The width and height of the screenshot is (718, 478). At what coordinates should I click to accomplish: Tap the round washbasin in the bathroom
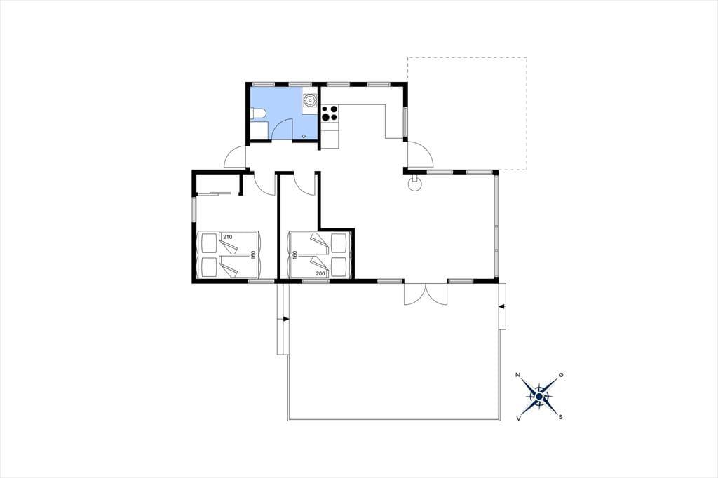[310, 100]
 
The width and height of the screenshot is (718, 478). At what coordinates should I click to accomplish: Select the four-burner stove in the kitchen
[330, 114]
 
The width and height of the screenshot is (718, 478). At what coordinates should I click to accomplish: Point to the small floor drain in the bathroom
[304, 136]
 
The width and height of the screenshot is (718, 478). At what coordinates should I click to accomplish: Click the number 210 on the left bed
[228, 237]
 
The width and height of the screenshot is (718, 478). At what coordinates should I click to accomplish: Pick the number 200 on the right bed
[320, 274]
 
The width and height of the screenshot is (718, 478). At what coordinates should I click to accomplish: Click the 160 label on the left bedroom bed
[252, 255]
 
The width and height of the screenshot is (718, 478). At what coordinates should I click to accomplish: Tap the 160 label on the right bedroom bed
[295, 255]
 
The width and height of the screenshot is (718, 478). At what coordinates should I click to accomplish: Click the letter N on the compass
[518, 375]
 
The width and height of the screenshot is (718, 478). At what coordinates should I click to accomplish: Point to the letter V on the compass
[518, 418]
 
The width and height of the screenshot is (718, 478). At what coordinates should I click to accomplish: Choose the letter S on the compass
[560, 417]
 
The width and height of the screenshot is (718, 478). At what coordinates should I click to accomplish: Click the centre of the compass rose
[539, 396]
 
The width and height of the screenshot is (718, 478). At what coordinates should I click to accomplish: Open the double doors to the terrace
[426, 294]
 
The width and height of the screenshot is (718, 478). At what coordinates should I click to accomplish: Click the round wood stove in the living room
[415, 184]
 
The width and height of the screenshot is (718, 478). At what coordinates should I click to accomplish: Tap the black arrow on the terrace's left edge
[286, 319]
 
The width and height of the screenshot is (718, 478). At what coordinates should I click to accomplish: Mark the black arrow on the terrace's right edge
[501, 306]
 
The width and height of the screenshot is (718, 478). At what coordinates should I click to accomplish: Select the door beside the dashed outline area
[420, 154]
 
